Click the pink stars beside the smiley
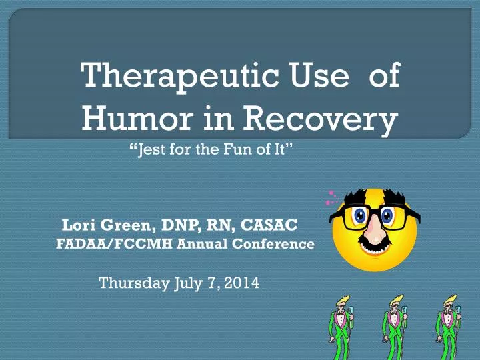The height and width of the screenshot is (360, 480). [328, 197]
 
